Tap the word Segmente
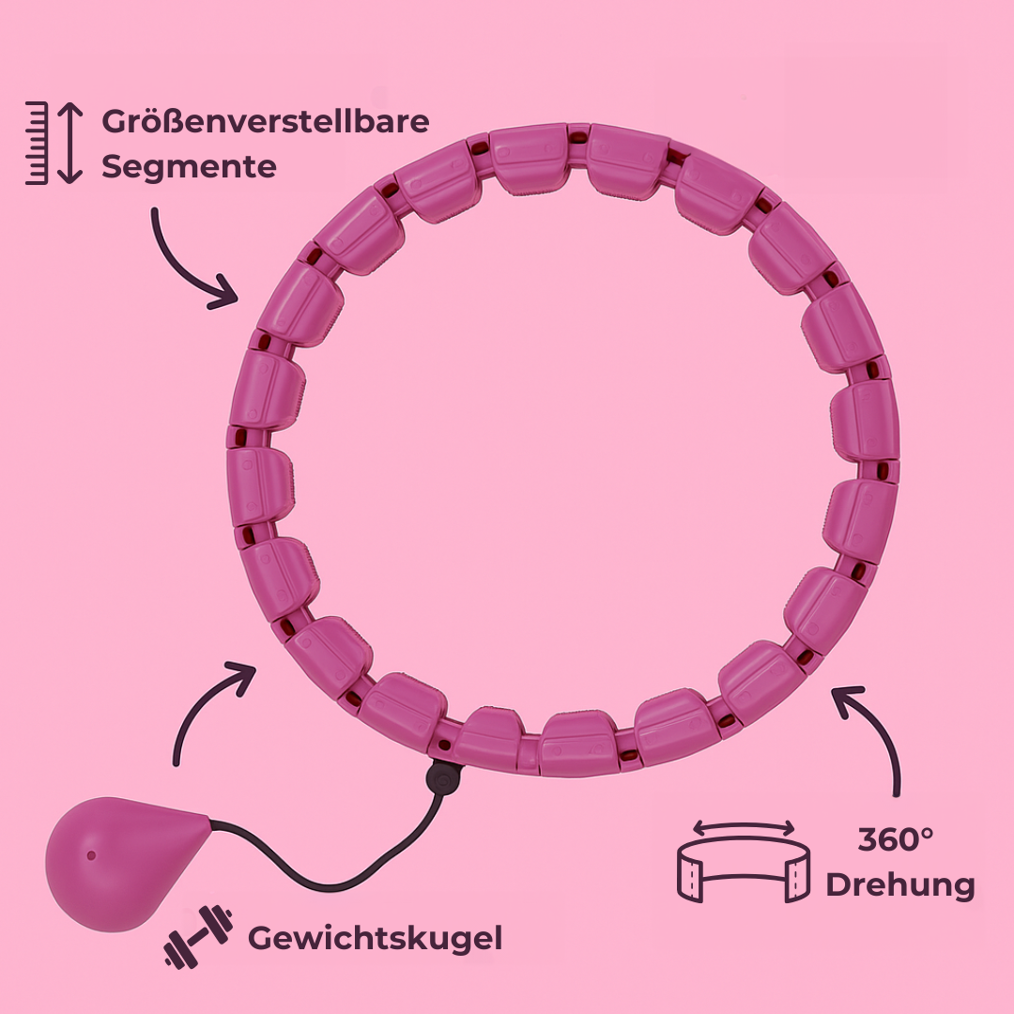[189, 167]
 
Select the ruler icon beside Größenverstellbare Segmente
[37, 142]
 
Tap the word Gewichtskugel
[375, 937]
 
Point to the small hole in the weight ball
[91, 854]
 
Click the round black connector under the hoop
[442, 776]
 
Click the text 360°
[896, 840]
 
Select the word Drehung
[899, 884]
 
